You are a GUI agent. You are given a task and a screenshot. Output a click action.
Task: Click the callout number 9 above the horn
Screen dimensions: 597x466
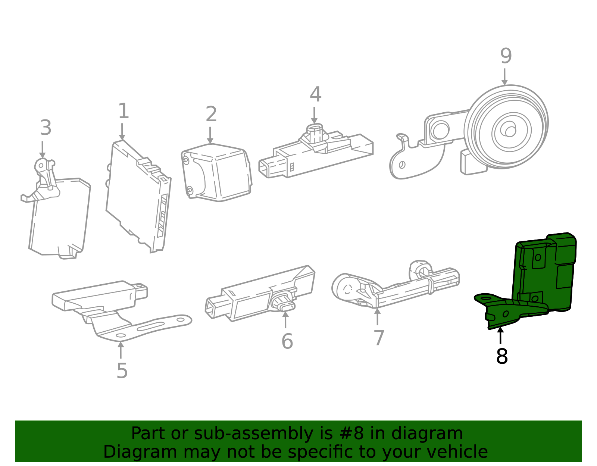506,56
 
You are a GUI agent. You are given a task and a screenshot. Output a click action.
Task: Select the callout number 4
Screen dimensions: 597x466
315,94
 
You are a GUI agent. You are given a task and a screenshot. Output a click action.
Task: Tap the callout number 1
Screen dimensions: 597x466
124,111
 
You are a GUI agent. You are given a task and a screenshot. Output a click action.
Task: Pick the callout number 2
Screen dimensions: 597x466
211,114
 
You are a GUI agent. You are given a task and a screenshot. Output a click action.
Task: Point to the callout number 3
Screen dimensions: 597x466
46,128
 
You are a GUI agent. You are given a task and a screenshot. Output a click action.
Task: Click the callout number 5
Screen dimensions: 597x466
122,371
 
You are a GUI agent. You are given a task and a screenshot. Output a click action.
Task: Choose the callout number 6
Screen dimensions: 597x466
287,341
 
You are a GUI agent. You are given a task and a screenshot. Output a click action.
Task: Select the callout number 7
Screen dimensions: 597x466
379,338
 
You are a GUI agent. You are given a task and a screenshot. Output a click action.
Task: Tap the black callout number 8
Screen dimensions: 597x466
502,356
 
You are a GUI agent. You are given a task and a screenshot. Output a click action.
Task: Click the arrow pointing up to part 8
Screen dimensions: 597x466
500,335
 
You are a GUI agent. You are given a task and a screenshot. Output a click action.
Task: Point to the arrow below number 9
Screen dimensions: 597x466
504,76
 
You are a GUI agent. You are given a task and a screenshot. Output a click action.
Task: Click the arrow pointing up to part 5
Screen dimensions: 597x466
121,350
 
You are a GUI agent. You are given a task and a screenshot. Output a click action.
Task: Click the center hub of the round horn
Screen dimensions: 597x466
510,131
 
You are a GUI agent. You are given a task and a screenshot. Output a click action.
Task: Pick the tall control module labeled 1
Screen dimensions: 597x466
138,196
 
